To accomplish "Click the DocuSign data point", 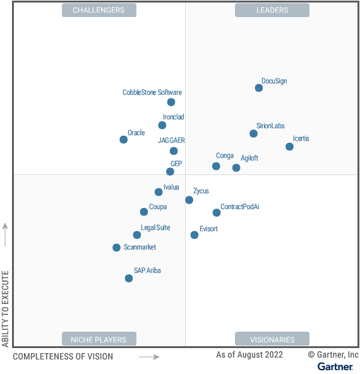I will tap(259, 88).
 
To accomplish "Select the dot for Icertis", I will tap(289, 147).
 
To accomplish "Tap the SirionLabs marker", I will tap(253, 133).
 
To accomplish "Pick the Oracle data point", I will tap(123, 140).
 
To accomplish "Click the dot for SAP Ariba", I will tap(129, 278).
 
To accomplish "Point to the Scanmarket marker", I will tap(116, 248).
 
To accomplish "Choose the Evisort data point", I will tap(194, 235).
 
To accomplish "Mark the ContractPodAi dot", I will tap(216, 213).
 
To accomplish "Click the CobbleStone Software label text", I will tap(152, 92).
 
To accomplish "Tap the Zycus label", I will tap(201, 191).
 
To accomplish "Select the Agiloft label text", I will tap(249, 158).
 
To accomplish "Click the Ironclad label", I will tap(174, 117).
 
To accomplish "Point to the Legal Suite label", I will tap(155, 227).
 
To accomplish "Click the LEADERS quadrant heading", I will tap(272, 10).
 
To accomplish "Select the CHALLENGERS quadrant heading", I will tap(99, 10).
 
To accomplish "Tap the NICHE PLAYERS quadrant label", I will tap(99, 339).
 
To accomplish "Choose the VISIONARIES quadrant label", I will tap(272, 339).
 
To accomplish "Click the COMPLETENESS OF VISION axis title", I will tap(63, 356).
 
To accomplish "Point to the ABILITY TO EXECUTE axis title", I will tap(6, 308).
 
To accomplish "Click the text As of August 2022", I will tap(249, 355).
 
